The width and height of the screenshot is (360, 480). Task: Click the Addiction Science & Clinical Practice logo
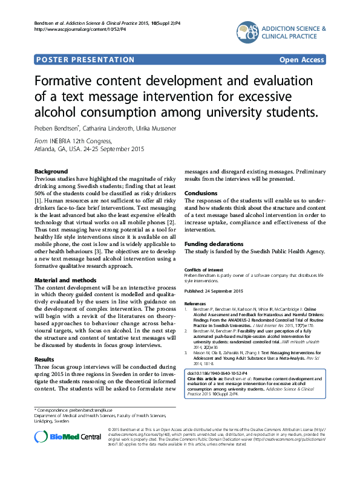281,34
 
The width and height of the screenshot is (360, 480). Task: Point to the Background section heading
51,172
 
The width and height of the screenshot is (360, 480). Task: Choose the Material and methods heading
65,281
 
